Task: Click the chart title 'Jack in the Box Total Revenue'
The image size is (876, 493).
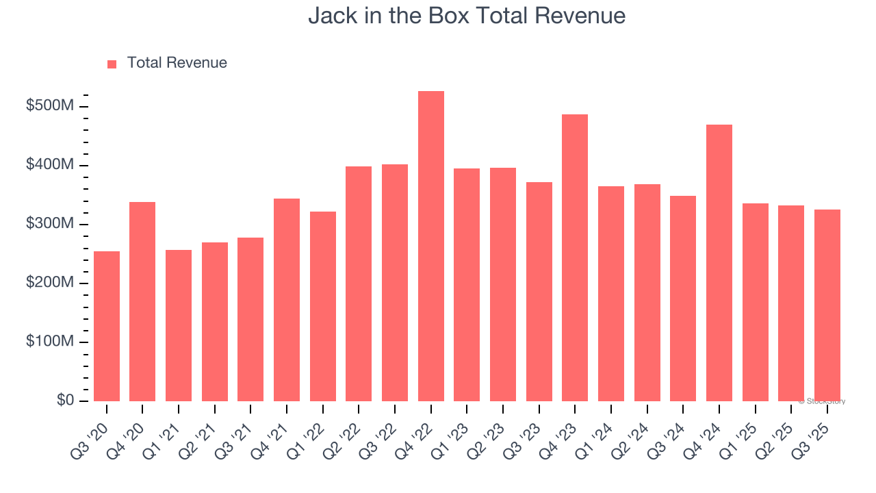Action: [x=467, y=15]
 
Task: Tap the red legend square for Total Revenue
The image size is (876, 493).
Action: [x=112, y=64]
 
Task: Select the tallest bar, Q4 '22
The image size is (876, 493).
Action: [x=430, y=246]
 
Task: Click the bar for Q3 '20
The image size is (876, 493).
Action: [x=107, y=326]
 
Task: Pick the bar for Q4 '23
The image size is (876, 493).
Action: [x=575, y=257]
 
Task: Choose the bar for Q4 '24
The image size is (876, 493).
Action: [x=719, y=263]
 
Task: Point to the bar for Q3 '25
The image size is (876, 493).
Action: [x=827, y=305]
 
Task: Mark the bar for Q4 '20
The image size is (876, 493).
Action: [x=142, y=301]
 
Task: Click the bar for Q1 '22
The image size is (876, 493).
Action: [x=322, y=306]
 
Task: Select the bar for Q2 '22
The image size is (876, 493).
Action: [x=359, y=283]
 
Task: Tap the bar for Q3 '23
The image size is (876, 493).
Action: [x=539, y=292]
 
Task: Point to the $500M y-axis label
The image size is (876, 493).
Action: [x=51, y=106]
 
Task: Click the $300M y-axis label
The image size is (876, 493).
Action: [x=51, y=224]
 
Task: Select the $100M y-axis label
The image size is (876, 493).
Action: [x=51, y=342]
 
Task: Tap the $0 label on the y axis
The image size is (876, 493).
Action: [x=65, y=400]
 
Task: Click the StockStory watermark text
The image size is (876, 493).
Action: [x=822, y=401]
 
